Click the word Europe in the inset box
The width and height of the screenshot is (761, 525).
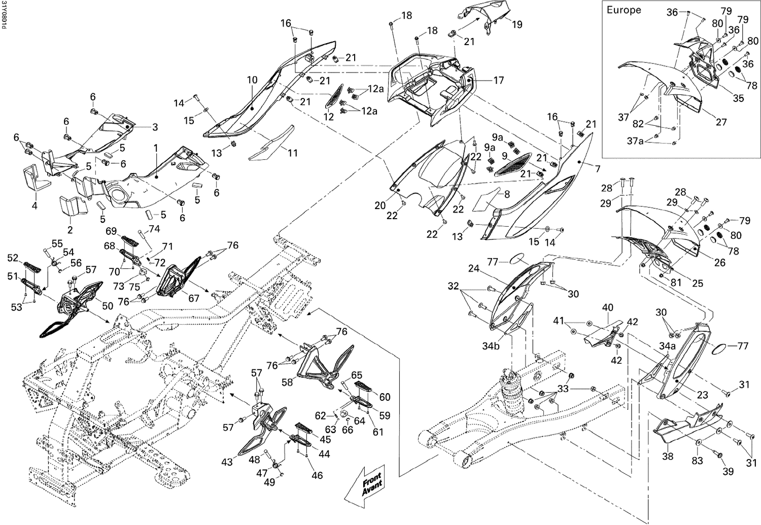coord(624,10)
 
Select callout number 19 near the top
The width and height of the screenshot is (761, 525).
coord(516,24)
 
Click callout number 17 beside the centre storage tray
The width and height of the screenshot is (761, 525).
coord(498,80)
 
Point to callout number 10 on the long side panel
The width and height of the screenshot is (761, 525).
coord(253,80)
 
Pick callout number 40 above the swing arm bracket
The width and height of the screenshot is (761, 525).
coord(607,308)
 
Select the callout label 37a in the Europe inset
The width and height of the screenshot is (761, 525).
coord(635,141)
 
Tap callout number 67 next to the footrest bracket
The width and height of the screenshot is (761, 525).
coord(194,298)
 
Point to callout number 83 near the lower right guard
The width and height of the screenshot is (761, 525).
coord(698,460)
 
